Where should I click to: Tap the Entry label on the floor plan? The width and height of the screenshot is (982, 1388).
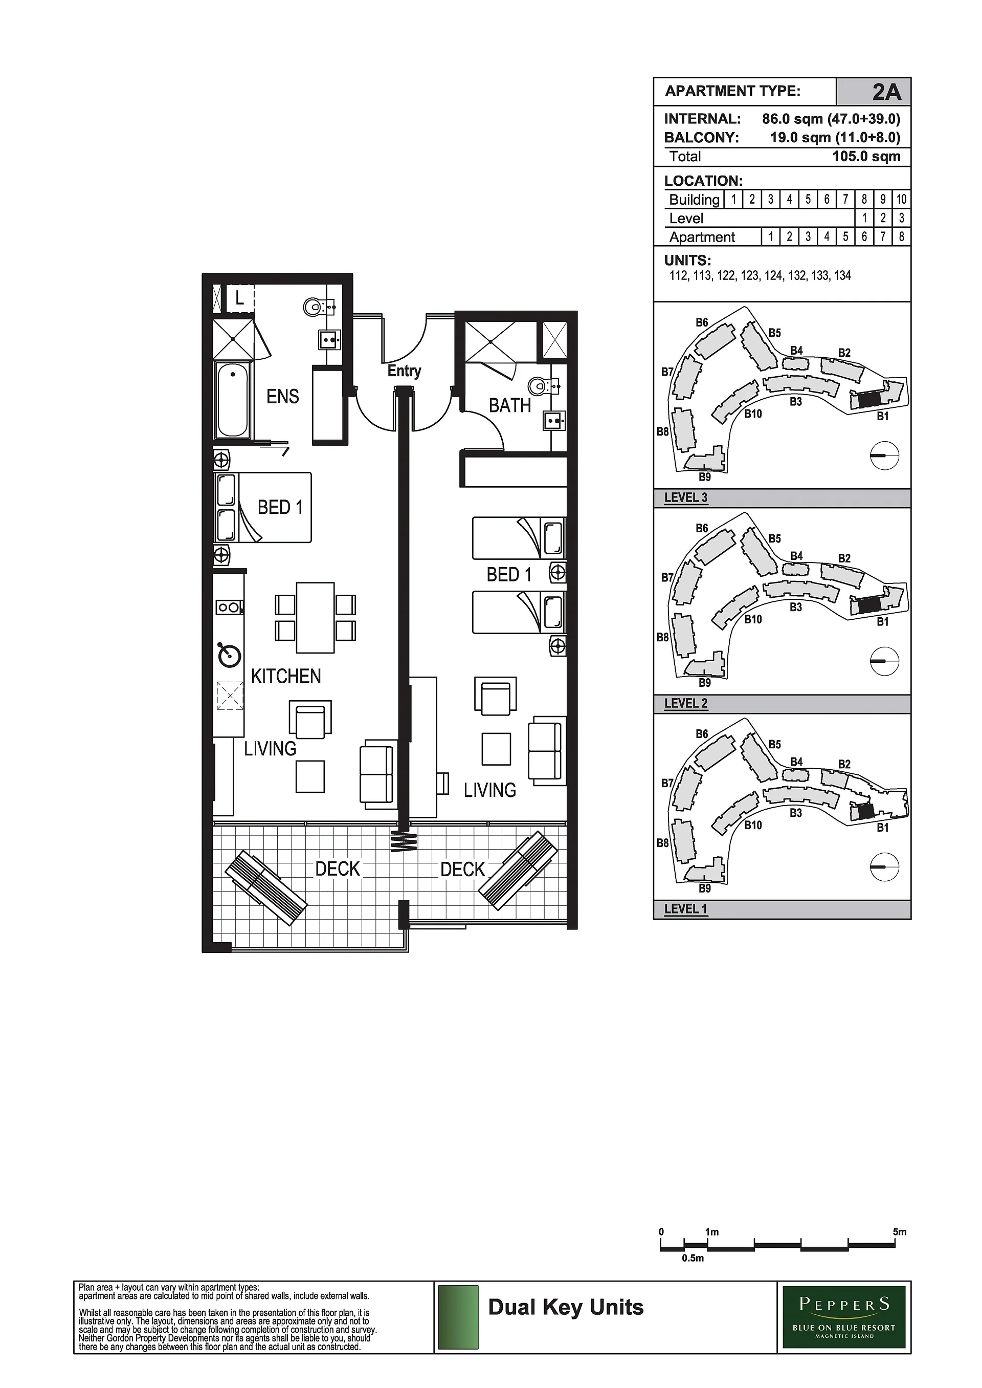(404, 371)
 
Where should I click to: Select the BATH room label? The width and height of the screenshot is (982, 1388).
(510, 405)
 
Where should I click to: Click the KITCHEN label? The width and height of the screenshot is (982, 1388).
(286, 676)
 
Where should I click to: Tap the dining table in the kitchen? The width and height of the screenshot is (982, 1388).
(315, 618)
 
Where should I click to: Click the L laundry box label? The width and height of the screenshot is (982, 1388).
(239, 298)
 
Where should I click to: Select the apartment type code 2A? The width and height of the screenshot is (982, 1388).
(886, 92)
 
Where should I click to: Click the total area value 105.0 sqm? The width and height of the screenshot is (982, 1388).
(866, 156)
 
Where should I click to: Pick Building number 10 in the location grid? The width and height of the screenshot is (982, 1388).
(901, 199)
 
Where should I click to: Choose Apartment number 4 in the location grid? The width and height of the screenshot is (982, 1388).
(827, 236)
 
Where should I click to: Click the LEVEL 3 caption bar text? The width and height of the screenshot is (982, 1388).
(686, 498)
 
